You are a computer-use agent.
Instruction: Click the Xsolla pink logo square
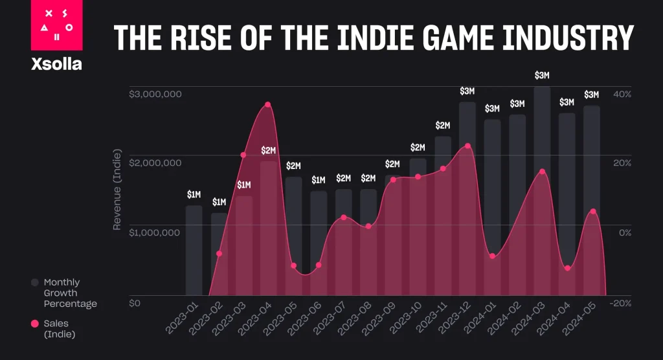pyautogui.click(x=56, y=26)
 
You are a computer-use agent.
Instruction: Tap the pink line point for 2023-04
pyautogui.click(x=267, y=105)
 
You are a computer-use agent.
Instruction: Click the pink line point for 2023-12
pyautogui.click(x=467, y=146)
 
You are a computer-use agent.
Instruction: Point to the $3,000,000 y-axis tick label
pyautogui.click(x=155, y=95)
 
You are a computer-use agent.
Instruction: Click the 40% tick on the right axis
pyautogui.click(x=622, y=95)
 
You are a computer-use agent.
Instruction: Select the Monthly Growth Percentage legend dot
pyautogui.click(x=35, y=282)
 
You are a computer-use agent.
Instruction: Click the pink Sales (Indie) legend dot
pyautogui.click(x=35, y=323)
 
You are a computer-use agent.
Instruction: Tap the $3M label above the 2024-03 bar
pyautogui.click(x=542, y=76)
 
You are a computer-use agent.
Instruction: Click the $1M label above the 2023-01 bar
pyautogui.click(x=194, y=194)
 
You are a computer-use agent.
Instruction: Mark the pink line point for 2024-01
pyautogui.click(x=493, y=256)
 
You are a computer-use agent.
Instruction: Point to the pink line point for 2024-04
pyautogui.click(x=567, y=268)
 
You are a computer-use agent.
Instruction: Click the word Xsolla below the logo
pyautogui.click(x=56, y=64)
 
